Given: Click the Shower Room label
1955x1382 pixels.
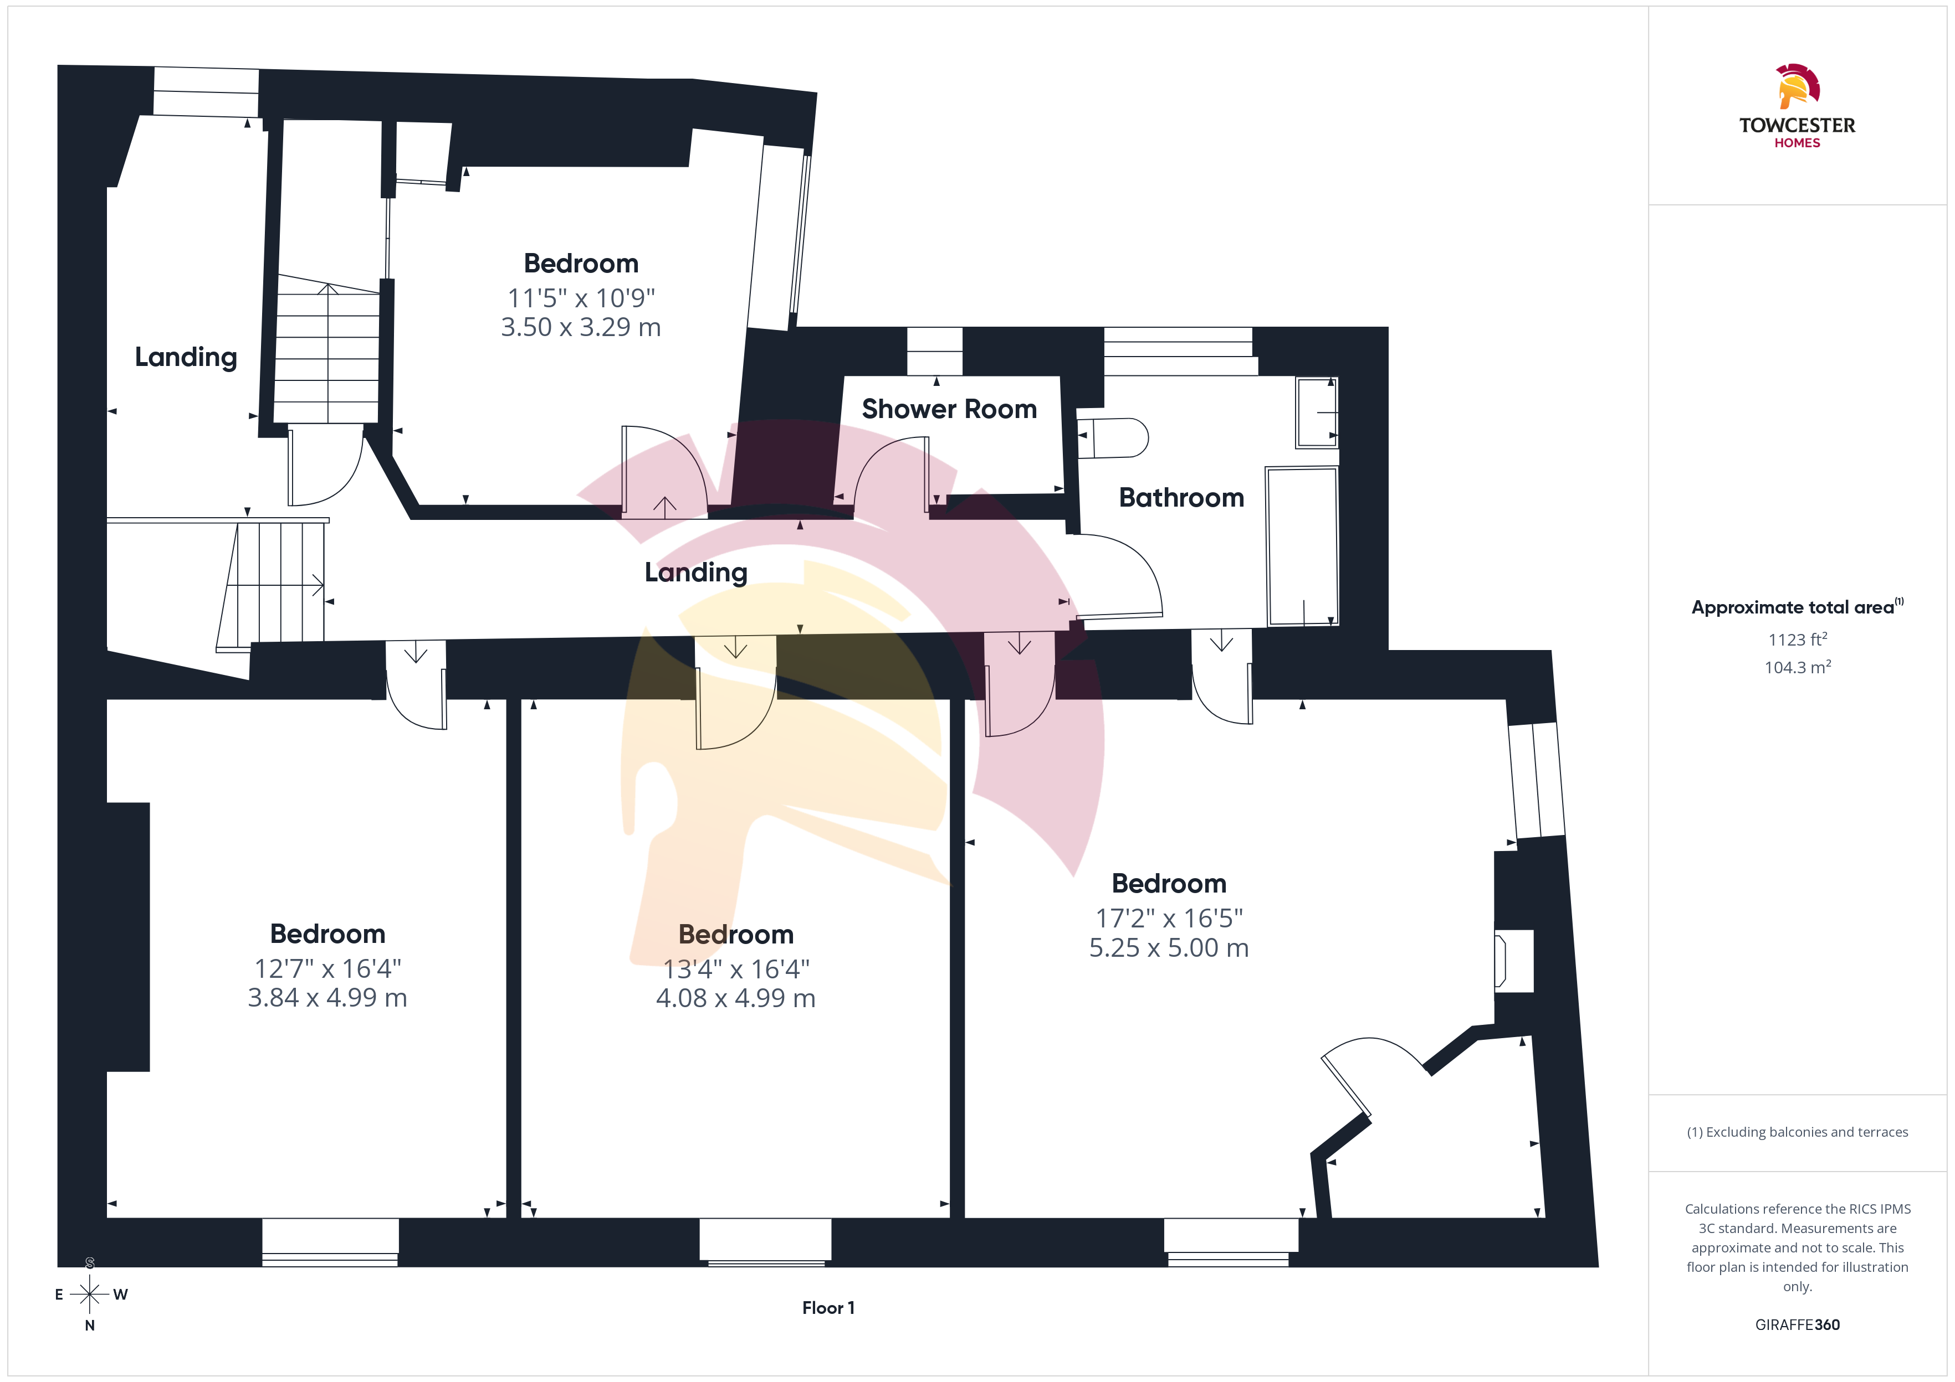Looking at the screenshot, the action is point(949,409).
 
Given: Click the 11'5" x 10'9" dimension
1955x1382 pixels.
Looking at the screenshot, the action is point(581,298).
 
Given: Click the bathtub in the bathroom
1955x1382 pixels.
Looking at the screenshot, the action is point(1302,546).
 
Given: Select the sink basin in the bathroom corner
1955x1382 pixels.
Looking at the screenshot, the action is point(1317,412).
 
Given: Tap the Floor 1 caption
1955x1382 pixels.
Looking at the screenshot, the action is point(828,1308).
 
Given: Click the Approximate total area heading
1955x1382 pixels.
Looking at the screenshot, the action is point(1797,607).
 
